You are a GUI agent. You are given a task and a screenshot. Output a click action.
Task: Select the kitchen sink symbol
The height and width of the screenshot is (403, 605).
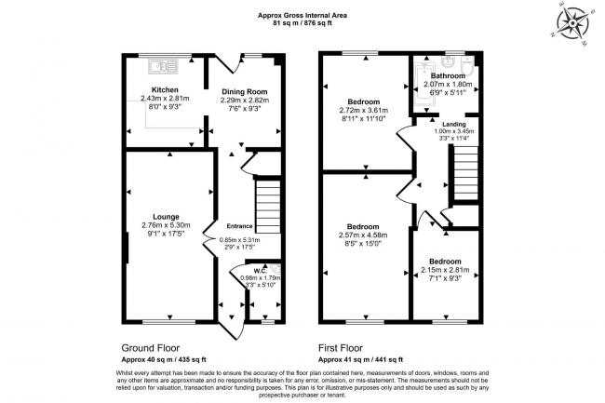coord(162,66)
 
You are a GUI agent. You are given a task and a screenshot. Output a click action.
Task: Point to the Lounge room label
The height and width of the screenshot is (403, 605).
coord(167,215)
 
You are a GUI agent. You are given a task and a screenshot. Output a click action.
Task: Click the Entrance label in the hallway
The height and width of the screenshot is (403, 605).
coord(238,226)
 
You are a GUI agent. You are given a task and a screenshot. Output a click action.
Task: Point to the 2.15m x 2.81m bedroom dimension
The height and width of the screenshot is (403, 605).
coord(444,270)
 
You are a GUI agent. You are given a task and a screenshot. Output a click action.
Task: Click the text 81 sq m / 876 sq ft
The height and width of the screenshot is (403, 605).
coord(302,22)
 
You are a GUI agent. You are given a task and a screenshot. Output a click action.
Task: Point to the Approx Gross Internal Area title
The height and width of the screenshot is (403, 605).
coord(302,14)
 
